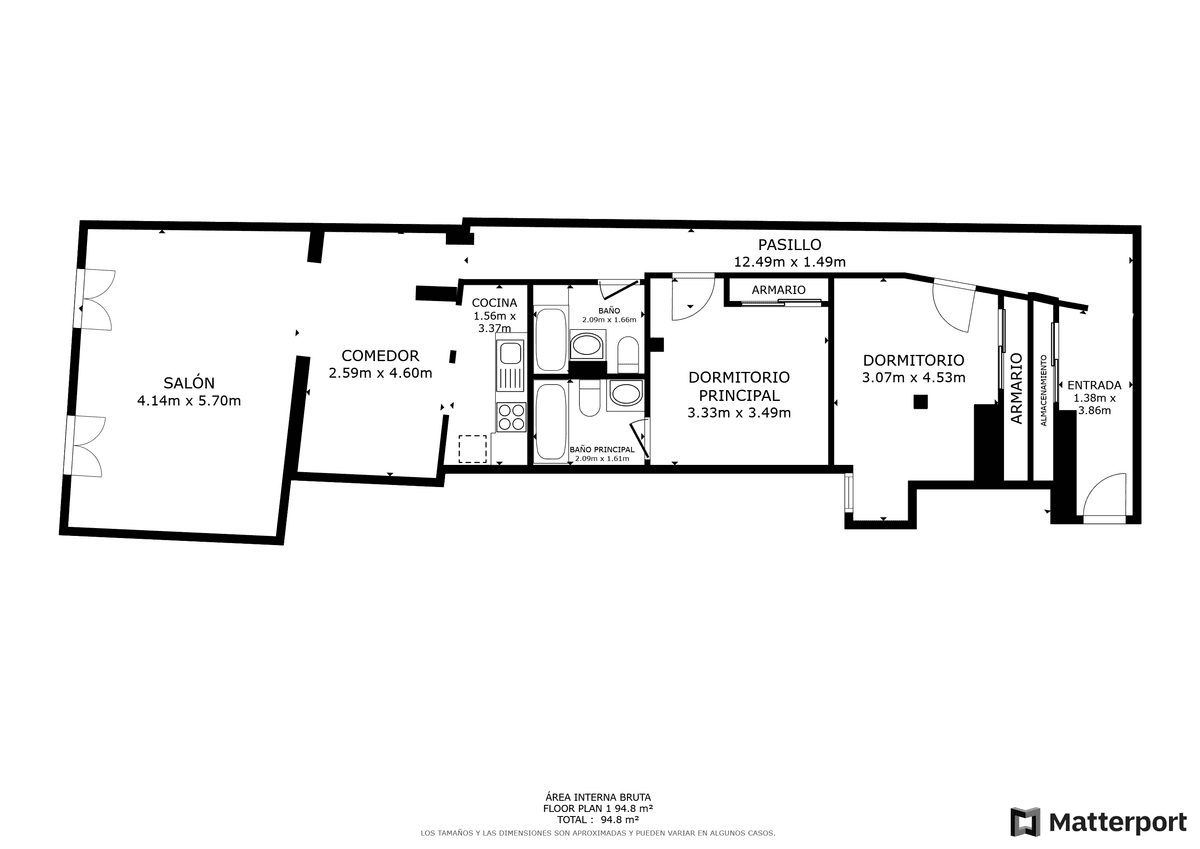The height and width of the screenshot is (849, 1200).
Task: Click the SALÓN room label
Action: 189,382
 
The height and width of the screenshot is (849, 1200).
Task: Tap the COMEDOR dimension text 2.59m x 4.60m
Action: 380,373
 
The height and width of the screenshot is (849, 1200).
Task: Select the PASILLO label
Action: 789,244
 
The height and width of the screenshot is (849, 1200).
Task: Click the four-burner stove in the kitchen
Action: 511,417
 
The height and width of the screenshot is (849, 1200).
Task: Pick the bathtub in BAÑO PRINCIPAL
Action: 551,421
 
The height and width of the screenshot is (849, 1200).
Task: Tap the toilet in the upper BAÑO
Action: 628,354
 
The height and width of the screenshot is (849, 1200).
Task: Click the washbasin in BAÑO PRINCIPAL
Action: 624,395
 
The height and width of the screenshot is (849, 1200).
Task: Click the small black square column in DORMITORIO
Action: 920,402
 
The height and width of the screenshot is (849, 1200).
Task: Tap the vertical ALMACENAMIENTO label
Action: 1043,390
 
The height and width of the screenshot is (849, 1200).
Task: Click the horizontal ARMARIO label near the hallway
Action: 778,290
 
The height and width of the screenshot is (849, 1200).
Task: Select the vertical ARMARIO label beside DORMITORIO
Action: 1016,388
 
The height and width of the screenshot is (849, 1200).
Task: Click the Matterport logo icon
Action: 1025,822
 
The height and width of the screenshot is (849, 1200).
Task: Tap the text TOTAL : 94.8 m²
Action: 597,820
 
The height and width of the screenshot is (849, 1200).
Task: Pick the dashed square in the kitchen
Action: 473,449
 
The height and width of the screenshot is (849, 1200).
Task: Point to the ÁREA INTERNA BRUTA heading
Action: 598,798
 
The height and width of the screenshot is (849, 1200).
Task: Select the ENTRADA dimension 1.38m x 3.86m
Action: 1094,404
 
